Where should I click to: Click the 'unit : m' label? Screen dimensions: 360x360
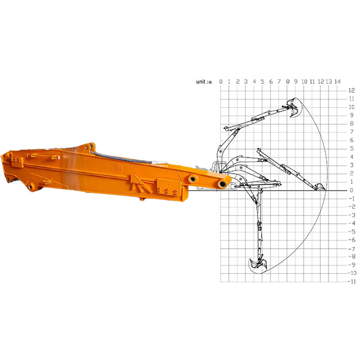204,82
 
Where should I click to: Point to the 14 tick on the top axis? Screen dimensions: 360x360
337,82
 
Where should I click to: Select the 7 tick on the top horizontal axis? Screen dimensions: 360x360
279,82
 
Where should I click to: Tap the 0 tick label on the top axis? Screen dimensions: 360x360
220,82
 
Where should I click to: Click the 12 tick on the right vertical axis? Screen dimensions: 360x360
352,90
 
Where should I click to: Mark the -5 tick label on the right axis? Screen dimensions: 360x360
352,231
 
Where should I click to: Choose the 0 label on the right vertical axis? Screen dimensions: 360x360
352,190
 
